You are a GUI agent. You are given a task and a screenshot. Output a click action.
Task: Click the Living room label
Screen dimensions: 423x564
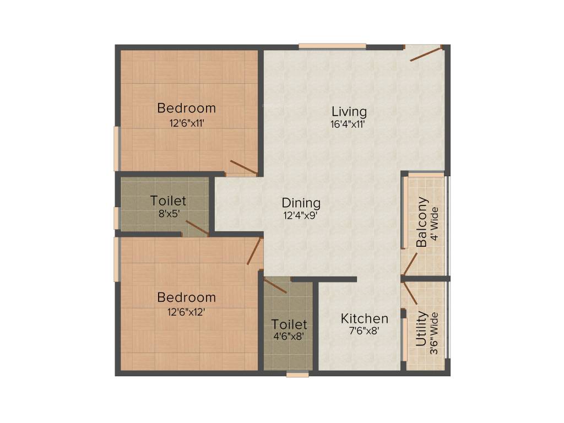point(349,111)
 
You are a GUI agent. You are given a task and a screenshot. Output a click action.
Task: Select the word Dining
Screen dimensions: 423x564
point(301,203)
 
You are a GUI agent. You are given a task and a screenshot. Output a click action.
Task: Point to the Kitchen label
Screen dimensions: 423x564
point(364,318)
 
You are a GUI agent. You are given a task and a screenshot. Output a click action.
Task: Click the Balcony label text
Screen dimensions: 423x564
point(422,222)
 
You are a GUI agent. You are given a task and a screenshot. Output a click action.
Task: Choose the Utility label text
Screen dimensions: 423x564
point(421,329)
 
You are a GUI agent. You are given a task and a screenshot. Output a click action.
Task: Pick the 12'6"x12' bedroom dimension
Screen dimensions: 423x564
point(186,311)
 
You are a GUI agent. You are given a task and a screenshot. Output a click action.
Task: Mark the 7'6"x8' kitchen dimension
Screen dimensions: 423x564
point(364,332)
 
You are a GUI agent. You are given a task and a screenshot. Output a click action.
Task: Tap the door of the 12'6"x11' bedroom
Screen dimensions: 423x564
point(243,167)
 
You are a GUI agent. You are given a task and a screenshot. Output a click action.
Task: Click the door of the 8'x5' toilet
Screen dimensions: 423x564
point(197,227)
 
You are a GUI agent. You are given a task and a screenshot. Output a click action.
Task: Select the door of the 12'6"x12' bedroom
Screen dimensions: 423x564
point(254,251)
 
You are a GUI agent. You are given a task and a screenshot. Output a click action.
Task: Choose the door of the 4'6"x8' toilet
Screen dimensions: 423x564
point(275,285)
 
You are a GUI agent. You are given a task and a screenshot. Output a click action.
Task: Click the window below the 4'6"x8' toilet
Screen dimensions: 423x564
point(297,375)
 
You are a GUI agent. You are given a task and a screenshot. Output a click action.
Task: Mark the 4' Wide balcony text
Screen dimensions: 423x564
point(435,223)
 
